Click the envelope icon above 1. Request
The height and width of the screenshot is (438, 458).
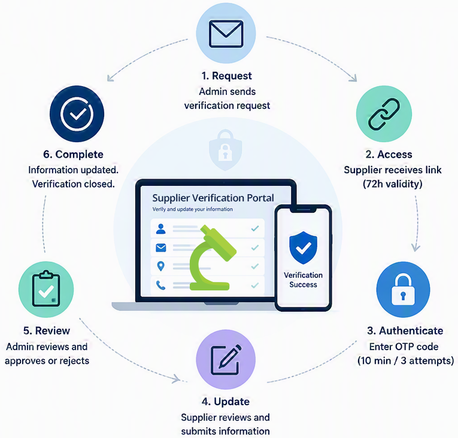pyautogui.click(x=226, y=33)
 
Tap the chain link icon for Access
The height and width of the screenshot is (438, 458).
pyautogui.click(x=384, y=114)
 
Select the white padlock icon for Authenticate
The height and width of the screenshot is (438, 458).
pyautogui.click(x=403, y=289)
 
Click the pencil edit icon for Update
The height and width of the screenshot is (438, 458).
pyautogui.click(x=226, y=360)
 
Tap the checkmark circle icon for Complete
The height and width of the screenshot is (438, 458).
pyautogui.click(x=77, y=114)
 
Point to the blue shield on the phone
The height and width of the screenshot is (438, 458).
pyautogui.click(x=303, y=248)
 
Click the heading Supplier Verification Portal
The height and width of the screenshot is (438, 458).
pyautogui.click(x=213, y=198)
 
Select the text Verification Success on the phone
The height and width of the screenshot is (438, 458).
pyautogui.click(x=303, y=280)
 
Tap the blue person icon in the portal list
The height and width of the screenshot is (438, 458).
pyautogui.click(x=160, y=229)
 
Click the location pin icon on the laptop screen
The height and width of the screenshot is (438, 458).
pyautogui.click(x=160, y=266)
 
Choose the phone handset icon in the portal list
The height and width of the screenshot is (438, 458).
pyautogui.click(x=160, y=285)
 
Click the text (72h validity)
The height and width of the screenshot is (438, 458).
pyautogui.click(x=393, y=184)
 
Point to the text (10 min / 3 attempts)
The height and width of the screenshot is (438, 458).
pyautogui.click(x=405, y=361)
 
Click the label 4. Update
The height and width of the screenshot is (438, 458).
pyautogui.click(x=226, y=402)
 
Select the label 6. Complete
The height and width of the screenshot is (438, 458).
pyautogui.click(x=73, y=154)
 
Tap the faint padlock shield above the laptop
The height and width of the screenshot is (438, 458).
pyautogui.click(x=225, y=149)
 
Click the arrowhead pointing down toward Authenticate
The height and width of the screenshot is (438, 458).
pyautogui.click(x=416, y=248)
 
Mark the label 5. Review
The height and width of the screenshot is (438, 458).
pyautogui.click(x=47, y=330)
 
